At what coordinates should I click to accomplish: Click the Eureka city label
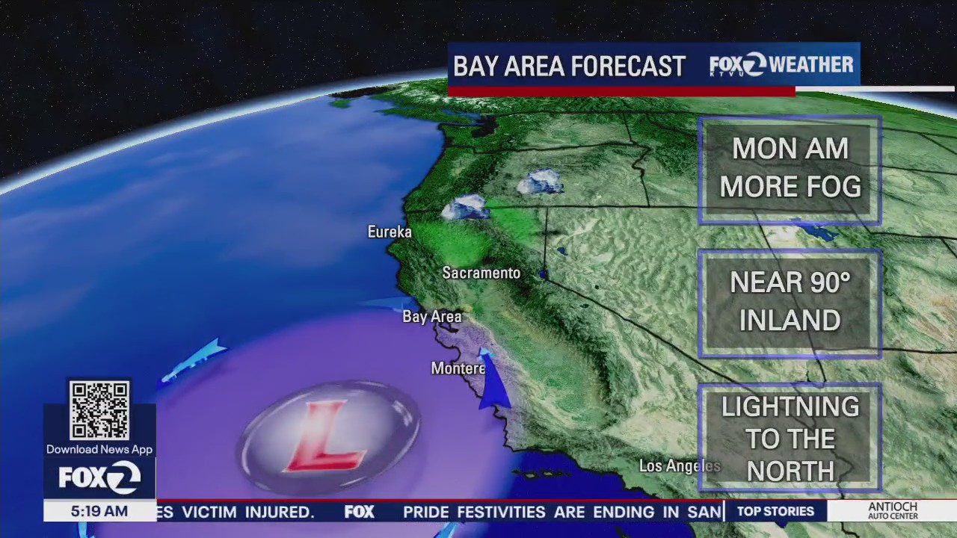(x=390, y=232)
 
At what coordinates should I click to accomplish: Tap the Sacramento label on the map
(x=481, y=273)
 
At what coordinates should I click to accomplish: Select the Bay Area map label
(x=432, y=317)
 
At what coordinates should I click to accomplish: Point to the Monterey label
(x=458, y=368)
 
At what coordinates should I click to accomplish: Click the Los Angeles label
(x=679, y=466)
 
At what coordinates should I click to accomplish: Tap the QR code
(x=99, y=410)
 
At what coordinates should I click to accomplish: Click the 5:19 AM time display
(x=99, y=512)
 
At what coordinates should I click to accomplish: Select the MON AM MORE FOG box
(x=790, y=169)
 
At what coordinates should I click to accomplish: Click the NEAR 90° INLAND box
(x=790, y=302)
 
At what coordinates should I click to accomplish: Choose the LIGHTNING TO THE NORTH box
(x=790, y=439)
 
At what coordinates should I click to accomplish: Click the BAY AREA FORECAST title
(x=569, y=67)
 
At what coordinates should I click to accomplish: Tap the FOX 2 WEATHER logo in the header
(x=781, y=66)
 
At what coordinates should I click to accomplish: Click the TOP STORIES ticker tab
(x=775, y=511)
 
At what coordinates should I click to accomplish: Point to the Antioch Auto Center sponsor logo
(x=892, y=511)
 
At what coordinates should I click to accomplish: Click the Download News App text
(x=99, y=450)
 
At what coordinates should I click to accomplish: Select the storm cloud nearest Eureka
(x=464, y=207)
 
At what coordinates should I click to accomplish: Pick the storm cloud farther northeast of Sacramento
(x=541, y=182)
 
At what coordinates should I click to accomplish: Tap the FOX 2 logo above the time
(x=99, y=477)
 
